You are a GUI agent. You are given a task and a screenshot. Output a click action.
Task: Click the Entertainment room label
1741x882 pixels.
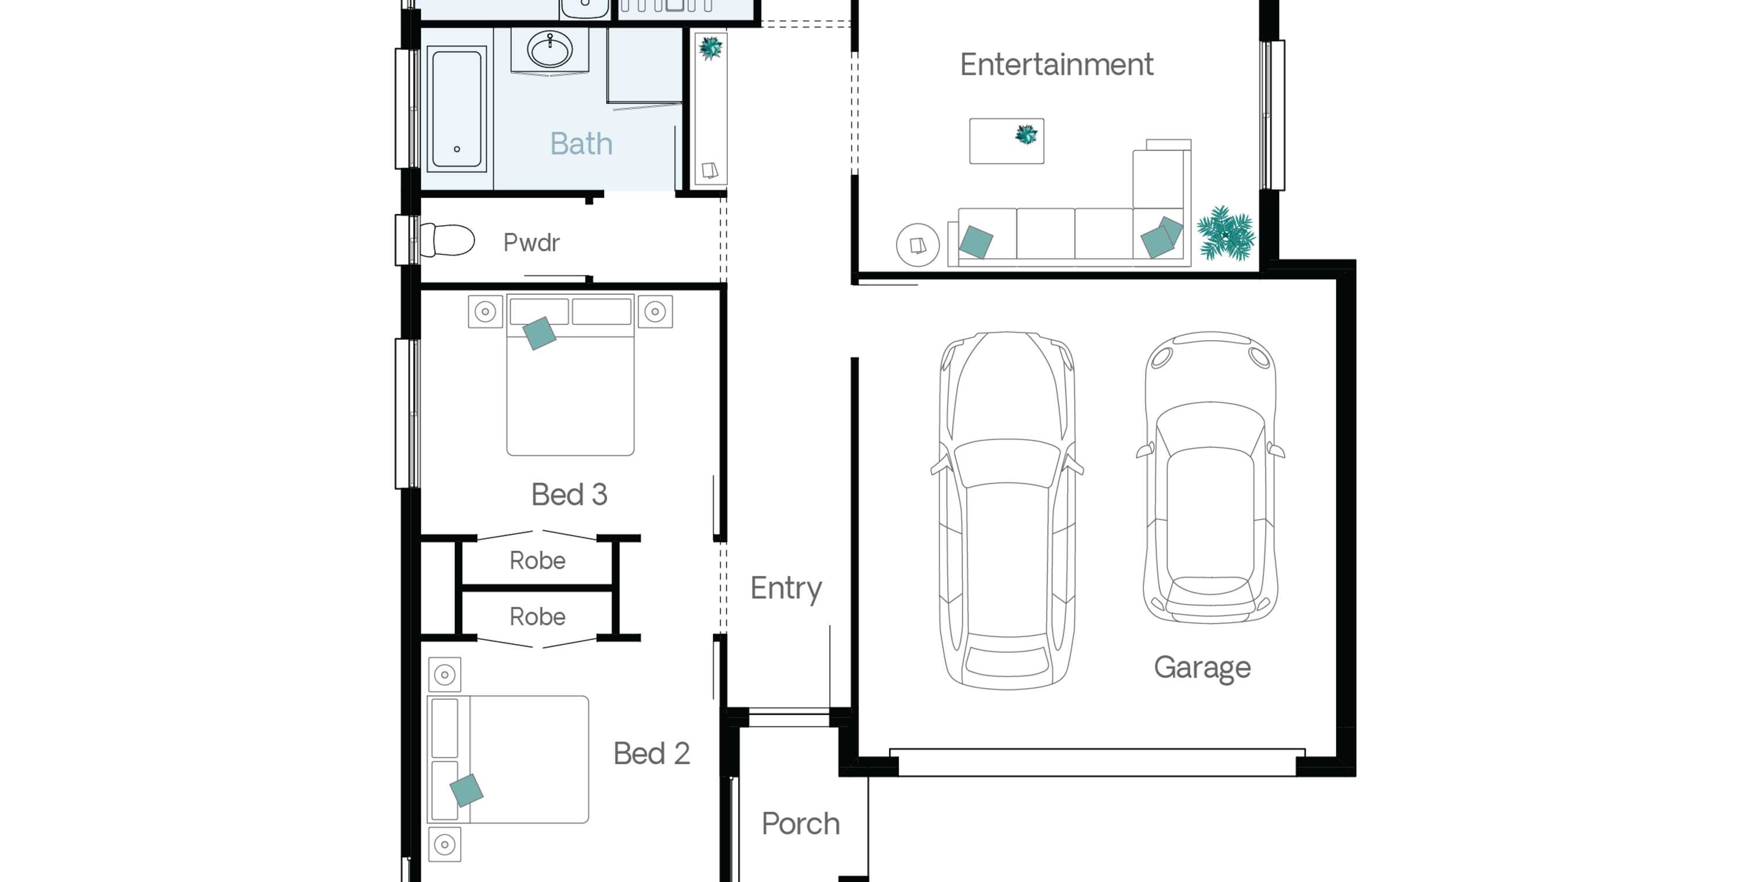[1056, 65]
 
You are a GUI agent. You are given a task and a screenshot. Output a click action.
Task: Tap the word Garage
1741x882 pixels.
[1202, 668]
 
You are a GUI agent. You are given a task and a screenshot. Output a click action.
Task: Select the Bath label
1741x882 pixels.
[581, 144]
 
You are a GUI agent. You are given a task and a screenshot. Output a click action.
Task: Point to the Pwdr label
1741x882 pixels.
[531, 243]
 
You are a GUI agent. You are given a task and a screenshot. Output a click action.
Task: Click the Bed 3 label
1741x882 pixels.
[569, 495]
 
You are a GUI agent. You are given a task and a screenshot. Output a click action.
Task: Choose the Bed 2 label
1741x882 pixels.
[652, 754]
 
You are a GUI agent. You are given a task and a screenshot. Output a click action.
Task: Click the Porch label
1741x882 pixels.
[800, 824]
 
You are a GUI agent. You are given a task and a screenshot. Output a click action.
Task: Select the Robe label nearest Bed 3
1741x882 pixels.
[537, 561]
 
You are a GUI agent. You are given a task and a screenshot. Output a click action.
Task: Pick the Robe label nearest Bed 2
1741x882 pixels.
[537, 616]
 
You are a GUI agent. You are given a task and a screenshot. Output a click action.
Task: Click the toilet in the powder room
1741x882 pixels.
[447, 240]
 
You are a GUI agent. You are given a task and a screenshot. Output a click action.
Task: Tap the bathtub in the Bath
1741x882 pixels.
[456, 109]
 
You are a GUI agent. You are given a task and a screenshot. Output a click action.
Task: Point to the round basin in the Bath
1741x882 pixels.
[550, 49]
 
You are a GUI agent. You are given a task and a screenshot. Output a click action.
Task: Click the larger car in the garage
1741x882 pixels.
[1007, 510]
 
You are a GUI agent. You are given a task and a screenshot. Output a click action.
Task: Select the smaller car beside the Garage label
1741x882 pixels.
[1210, 476]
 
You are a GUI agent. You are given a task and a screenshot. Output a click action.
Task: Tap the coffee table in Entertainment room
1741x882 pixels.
[1006, 141]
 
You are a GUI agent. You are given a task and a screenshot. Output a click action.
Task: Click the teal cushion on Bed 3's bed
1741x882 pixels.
[539, 333]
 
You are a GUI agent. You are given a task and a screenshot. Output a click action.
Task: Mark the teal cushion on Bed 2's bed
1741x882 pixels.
[467, 790]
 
